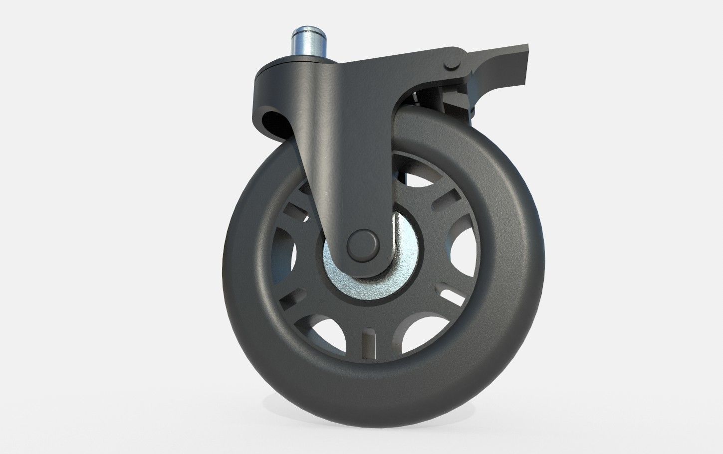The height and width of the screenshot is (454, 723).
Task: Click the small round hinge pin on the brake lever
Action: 451,62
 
